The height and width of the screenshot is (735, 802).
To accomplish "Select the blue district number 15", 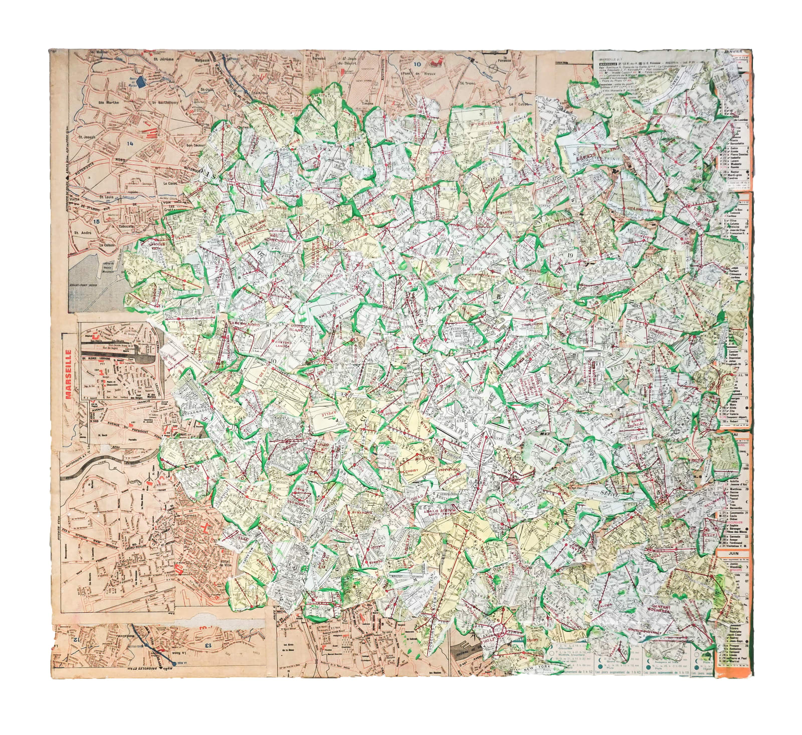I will (96, 221).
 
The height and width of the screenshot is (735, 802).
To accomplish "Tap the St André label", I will (83, 232).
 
